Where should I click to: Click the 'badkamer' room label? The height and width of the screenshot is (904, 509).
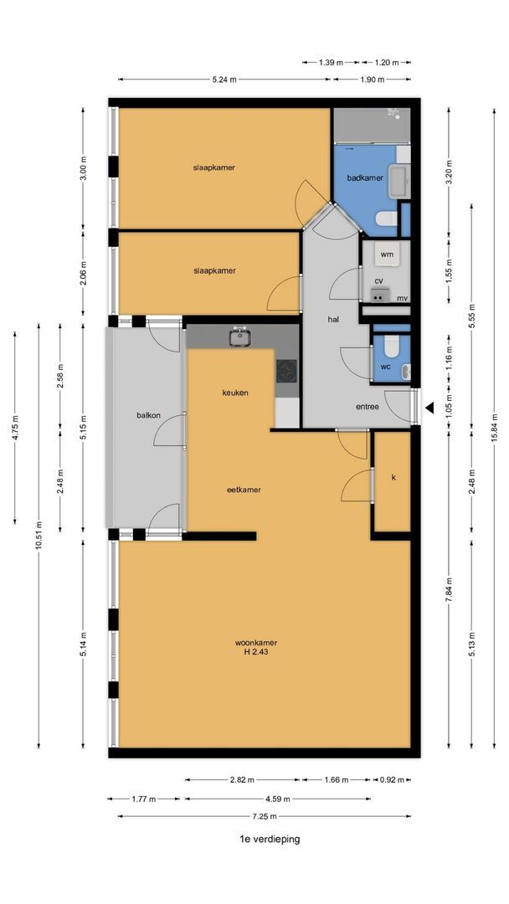point(365,178)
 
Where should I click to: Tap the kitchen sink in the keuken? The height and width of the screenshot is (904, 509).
point(239,336)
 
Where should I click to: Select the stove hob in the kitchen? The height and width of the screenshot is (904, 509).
point(286,372)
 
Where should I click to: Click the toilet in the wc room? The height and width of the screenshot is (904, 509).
point(391,346)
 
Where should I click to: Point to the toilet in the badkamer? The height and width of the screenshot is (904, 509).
point(387,218)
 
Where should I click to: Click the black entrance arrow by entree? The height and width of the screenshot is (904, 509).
point(429,408)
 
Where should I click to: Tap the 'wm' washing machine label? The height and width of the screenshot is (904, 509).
point(386,254)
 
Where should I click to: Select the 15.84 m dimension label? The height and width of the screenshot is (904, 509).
point(494,428)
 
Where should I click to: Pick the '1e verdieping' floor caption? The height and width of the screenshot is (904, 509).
point(270,839)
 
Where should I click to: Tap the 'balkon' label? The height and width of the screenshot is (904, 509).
point(148,415)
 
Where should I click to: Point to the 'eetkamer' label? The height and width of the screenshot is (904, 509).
point(244,490)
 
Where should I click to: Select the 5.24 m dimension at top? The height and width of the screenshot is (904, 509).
point(225,80)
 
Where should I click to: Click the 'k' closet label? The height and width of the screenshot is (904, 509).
point(393,478)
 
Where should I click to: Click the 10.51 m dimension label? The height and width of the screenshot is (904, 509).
point(39,537)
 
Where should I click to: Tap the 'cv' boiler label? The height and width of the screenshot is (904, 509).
point(379,280)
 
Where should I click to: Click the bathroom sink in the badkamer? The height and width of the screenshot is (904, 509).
point(399,181)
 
